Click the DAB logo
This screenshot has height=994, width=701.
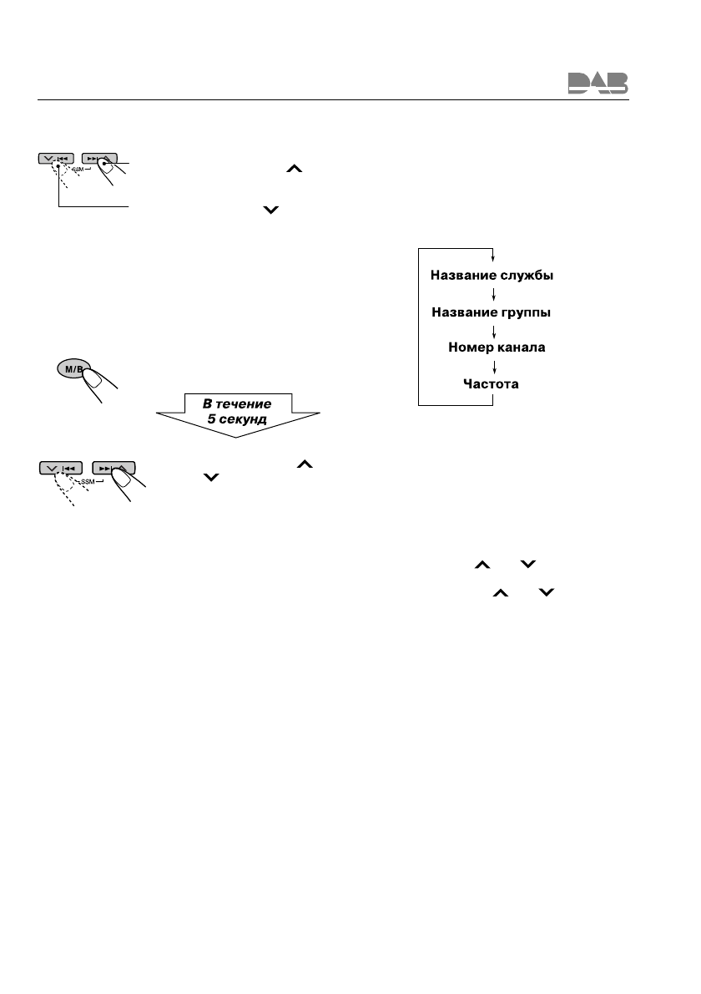[598, 83]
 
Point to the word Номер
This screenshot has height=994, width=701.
[473, 347]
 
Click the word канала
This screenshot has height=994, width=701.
[523, 347]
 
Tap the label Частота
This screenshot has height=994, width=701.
[491, 383]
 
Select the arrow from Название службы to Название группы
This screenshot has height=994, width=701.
[495, 294]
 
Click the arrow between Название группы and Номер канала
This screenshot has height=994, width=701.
[495, 330]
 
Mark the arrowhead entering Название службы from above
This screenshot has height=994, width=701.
[495, 257]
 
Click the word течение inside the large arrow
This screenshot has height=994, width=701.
[244, 404]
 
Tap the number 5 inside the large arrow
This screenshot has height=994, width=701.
[211, 419]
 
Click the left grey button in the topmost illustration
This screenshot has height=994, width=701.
[57, 157]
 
